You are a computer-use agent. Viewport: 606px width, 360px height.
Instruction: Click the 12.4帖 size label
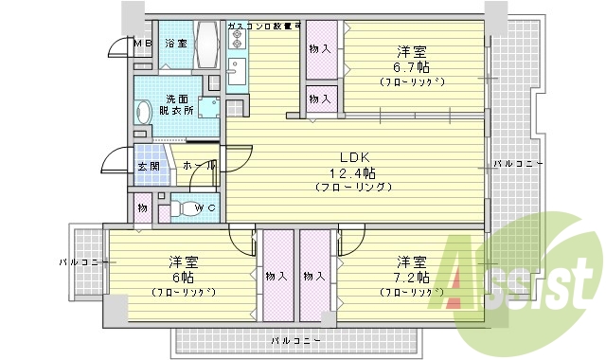(352, 172)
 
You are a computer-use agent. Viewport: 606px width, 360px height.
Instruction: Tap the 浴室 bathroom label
(176, 44)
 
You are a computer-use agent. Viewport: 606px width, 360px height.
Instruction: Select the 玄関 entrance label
(150, 168)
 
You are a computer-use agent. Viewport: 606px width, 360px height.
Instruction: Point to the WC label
(206, 208)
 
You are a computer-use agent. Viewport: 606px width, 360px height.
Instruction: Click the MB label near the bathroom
(141, 44)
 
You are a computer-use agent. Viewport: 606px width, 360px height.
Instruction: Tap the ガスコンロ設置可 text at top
(263, 26)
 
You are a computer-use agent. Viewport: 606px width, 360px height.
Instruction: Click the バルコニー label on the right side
(517, 164)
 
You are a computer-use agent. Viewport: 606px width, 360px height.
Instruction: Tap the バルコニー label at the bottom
(294, 339)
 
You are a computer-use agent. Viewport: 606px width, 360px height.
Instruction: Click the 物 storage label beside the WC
(141, 207)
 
